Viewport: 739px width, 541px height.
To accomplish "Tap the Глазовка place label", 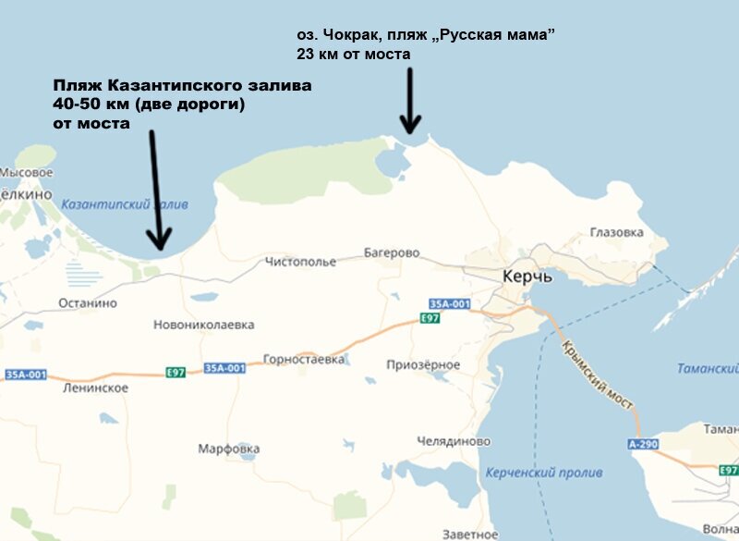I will pyautogui.click(x=615, y=233).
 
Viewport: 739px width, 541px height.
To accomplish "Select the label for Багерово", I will pyautogui.click(x=392, y=252).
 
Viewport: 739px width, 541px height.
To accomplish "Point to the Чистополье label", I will pyautogui.click(x=300, y=262).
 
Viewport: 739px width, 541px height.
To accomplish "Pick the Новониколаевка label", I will pyautogui.click(x=204, y=325).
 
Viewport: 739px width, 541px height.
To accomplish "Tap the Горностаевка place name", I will pyautogui.click(x=304, y=359).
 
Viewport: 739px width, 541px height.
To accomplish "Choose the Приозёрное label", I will pyautogui.click(x=425, y=364).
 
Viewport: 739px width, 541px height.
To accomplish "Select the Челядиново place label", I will pyautogui.click(x=454, y=441).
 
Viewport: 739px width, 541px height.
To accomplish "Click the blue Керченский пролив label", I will pyautogui.click(x=543, y=473).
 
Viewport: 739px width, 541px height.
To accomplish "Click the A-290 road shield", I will pyautogui.click(x=643, y=445).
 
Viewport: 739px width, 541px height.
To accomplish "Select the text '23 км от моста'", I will pyautogui.click(x=354, y=55).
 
